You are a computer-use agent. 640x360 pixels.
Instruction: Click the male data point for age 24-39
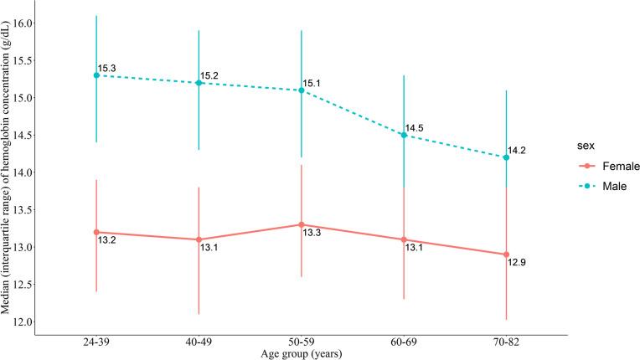[96, 75]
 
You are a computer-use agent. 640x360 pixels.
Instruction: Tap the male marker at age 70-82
[506, 157]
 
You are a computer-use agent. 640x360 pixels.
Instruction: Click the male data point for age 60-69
[404, 135]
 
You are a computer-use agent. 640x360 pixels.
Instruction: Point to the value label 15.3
[106, 68]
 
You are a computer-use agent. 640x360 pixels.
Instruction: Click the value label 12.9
[516, 263]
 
